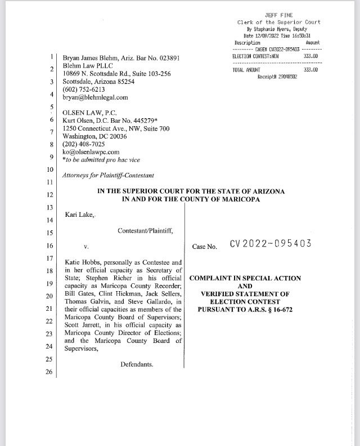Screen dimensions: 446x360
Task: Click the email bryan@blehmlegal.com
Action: click(95, 97)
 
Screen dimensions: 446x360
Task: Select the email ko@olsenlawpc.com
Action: click(91, 151)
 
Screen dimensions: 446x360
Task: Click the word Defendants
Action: click(137, 364)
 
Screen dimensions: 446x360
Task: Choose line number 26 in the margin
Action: click(48, 372)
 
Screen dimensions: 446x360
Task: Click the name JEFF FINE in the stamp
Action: click(278, 15)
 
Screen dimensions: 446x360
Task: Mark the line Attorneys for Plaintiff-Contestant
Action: click(109, 176)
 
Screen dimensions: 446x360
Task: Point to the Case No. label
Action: click(205, 247)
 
